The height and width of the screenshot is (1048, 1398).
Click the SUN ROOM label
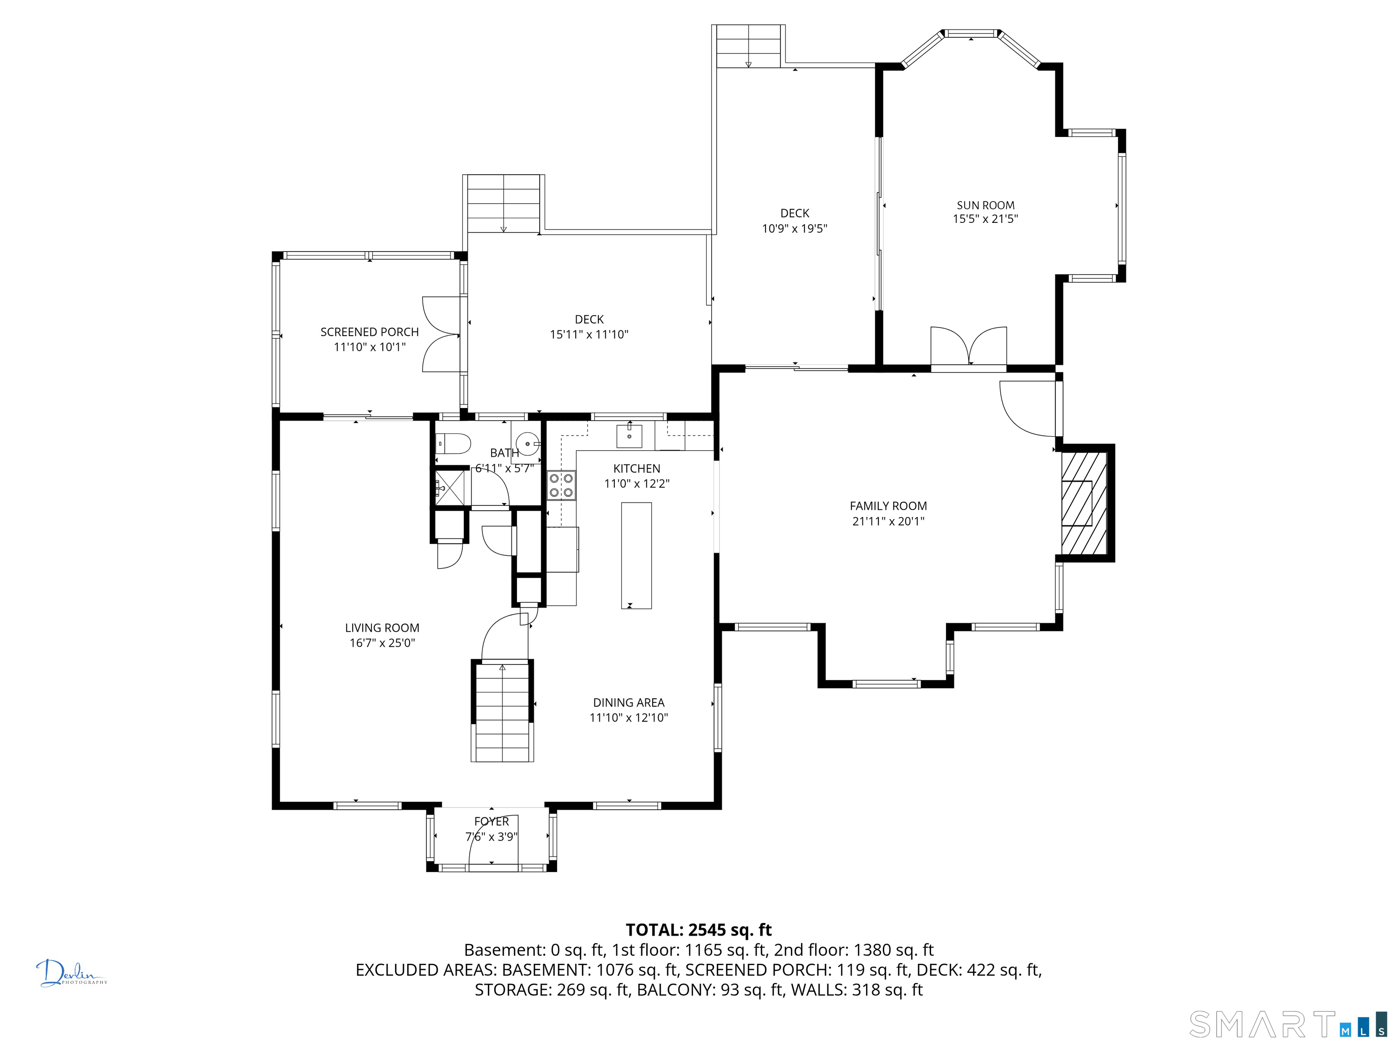(985, 205)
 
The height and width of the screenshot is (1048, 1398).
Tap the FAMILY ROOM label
(888, 506)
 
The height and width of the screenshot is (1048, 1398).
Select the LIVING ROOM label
(382, 628)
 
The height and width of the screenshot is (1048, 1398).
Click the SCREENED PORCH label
(369, 333)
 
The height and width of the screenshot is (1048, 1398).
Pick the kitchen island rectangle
(637, 555)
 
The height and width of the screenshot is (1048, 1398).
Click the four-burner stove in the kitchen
(561, 485)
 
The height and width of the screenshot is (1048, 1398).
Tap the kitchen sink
(629, 436)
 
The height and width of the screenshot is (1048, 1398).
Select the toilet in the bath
(453, 443)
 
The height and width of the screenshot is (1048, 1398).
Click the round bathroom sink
(527, 443)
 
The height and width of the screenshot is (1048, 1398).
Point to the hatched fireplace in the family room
(1084, 503)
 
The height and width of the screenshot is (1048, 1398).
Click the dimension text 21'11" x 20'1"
(888, 522)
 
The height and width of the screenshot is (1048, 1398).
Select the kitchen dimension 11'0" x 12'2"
(637, 484)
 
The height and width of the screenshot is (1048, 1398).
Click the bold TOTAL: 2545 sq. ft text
(699, 930)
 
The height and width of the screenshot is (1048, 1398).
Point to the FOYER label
(491, 821)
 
